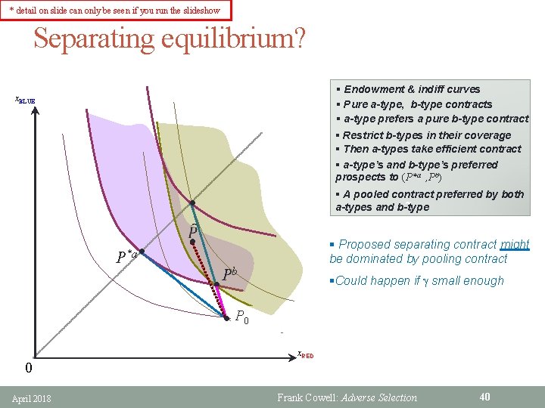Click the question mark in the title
point(301,39)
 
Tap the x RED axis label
point(305,354)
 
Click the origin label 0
point(28,369)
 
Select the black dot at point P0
point(226,318)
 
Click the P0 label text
point(241,317)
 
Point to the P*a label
point(126,256)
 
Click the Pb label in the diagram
point(230,274)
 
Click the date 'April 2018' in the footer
point(32,397)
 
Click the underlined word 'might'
point(515,244)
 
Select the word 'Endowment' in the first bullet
point(375,89)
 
